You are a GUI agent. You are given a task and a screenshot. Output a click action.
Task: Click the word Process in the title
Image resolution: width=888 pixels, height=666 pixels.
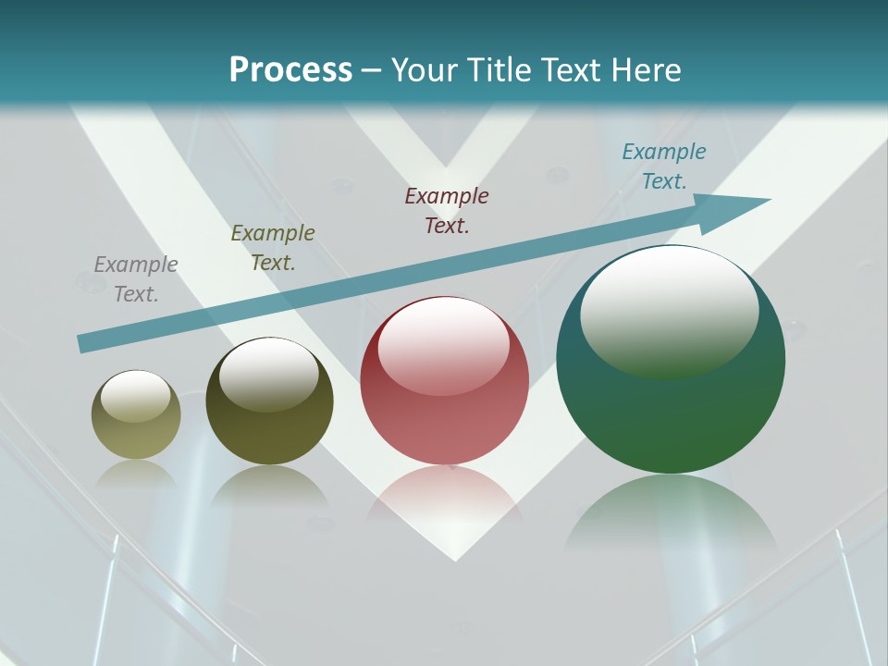point(290,70)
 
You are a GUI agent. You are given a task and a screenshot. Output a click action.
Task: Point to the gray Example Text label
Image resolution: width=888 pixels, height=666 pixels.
point(136,279)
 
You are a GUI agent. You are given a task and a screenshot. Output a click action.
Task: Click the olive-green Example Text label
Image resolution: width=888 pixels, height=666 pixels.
point(273,248)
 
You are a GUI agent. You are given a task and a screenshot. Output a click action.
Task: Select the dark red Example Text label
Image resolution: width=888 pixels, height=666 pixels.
point(447,211)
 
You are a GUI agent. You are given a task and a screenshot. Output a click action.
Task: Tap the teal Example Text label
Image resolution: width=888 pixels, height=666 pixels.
point(664,166)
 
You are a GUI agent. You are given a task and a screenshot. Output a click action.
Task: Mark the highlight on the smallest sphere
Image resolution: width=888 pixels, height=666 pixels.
point(135,396)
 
